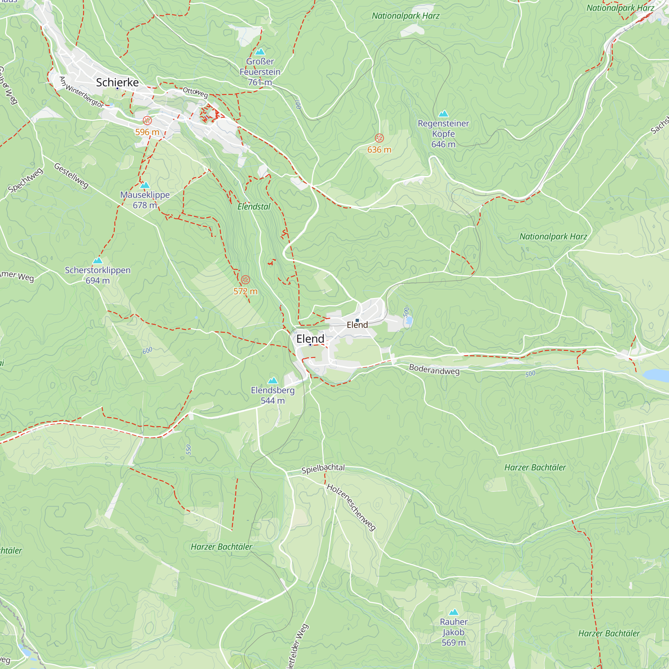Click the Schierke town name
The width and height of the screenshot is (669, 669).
117,82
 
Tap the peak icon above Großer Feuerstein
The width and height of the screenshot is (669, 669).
260,52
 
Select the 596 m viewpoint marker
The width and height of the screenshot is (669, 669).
147,120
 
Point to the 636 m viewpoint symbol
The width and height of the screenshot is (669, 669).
379,138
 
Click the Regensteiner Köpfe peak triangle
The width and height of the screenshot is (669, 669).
443,114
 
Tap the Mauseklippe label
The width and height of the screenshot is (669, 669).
145,195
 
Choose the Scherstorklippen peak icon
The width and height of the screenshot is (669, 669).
98,260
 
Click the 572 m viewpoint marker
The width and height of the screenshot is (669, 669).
245,279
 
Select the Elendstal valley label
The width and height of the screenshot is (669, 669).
254,207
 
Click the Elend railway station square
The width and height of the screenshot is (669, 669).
357,320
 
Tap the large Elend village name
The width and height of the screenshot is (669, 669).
310,339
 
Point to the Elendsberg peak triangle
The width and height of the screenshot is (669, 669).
273,381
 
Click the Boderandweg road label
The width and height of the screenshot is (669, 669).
434,370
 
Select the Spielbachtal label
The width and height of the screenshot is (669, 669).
323,469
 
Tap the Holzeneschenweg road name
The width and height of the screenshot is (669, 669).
351,507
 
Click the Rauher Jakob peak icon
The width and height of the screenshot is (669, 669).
454,612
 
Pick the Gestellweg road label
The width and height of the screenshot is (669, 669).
71,176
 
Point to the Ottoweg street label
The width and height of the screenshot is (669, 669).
195,92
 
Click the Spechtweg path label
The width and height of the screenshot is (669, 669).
26,180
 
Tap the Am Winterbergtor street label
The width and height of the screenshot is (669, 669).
81,92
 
